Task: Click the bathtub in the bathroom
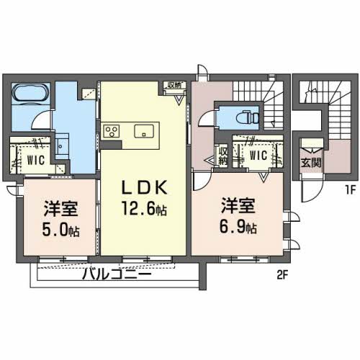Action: pos(31,93)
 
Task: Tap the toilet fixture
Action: pos(247,118)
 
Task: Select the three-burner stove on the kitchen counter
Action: pos(112,131)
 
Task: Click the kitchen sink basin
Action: pos(144,131)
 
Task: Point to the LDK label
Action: pos(145,188)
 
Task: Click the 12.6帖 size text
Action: pos(144,208)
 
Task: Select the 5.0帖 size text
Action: pos(60,229)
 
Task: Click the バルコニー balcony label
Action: pos(117,274)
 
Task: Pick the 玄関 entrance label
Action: pos(311,163)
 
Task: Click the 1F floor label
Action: pos(350,190)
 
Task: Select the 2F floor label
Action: pos(282,276)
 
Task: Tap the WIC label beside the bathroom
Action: pos(36,160)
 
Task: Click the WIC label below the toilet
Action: pos(258,156)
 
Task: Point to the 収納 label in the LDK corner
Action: pos(174,86)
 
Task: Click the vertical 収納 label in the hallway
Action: pos(223,156)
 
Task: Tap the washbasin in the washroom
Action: pos(62,146)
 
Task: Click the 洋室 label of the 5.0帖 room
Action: pos(60,209)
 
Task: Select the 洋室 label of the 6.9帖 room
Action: pos(238,205)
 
